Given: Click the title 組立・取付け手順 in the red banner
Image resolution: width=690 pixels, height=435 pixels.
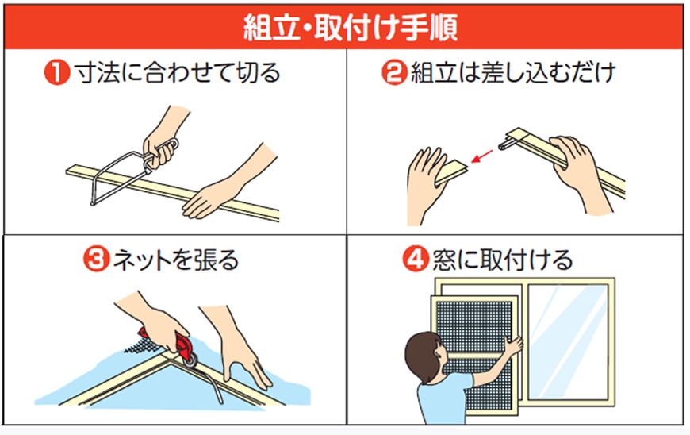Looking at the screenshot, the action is tap(351, 28).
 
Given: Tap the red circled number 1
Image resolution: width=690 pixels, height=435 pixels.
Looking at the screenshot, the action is tap(57, 73).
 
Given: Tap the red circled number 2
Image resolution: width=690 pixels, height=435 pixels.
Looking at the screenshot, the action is tap(394, 73).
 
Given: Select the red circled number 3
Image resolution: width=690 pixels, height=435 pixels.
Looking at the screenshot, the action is tap(96, 260).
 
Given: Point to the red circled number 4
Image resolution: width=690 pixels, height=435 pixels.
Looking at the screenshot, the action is tap(415, 260).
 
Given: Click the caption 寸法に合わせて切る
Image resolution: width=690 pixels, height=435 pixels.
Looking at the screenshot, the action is tap(177, 73).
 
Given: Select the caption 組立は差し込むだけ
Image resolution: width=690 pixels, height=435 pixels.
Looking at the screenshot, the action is tap(513, 73).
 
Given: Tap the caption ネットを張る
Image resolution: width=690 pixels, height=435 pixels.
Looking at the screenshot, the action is tap(175, 260).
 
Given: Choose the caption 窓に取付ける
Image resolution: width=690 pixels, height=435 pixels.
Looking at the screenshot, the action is tap(502, 260).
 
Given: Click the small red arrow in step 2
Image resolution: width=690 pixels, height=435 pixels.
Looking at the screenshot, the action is tap(482, 156).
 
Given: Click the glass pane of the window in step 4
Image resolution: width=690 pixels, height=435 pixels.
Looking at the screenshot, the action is tap(568, 341).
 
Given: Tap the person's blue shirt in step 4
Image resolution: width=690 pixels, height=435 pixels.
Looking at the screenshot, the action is tap(443, 398).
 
